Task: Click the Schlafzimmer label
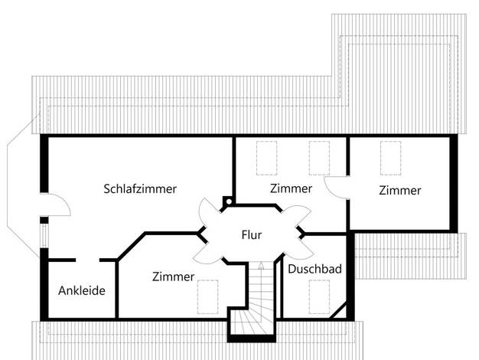[x=140, y=188]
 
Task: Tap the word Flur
[x=252, y=235]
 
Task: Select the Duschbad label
[x=314, y=269]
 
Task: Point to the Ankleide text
[x=82, y=290]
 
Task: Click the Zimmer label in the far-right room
[x=400, y=190]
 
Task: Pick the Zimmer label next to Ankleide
[x=173, y=277]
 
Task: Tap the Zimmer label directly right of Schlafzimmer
[x=291, y=188]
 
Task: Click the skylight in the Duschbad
[x=319, y=296]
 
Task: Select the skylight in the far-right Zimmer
[x=391, y=158]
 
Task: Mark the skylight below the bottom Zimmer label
[x=207, y=296]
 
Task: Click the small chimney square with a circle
[x=228, y=201]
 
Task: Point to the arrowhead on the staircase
[x=261, y=265]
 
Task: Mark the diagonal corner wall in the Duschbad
[x=338, y=310]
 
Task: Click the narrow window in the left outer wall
[x=44, y=236]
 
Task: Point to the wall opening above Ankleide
[x=88, y=260]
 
